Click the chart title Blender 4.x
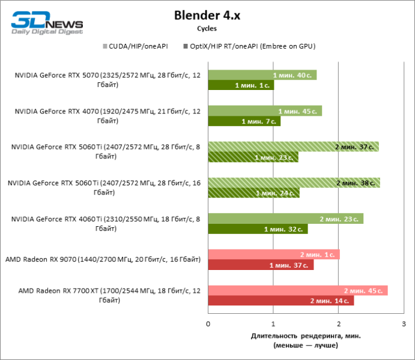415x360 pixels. pyautogui.click(x=207, y=14)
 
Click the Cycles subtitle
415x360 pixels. pyautogui.click(x=207, y=28)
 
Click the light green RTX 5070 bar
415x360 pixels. pyautogui.click(x=262, y=75)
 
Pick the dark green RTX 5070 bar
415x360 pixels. pyautogui.click(x=241, y=85)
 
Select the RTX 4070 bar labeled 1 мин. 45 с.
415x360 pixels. pyautogui.click(x=265, y=111)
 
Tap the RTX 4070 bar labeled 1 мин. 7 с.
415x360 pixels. pyautogui.click(x=244, y=121)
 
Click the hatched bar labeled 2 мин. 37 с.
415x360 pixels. pyautogui.click(x=293, y=147)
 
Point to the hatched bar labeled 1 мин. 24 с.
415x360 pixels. pyautogui.click(x=253, y=193)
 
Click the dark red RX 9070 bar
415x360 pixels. pyautogui.click(x=261, y=265)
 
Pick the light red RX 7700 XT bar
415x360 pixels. pyautogui.click(x=297, y=291)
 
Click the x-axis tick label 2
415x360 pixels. pyautogui.click(x=339, y=324)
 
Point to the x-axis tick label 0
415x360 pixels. pyautogui.click(x=208, y=324)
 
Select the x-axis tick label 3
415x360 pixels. pyautogui.click(x=404, y=324)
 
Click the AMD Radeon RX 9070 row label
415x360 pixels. pyautogui.click(x=103, y=260)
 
